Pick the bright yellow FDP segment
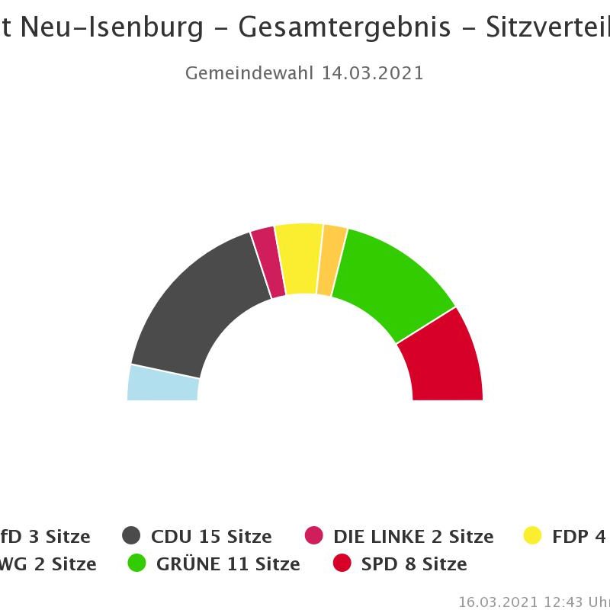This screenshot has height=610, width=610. pyautogui.click(x=298, y=258)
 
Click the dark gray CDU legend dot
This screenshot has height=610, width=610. pyautogui.click(x=132, y=536)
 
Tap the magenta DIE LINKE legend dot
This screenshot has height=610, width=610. pyautogui.click(x=313, y=536)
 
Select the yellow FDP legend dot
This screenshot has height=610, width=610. pyautogui.click(x=532, y=536)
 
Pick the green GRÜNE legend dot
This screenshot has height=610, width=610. pyautogui.click(x=136, y=563)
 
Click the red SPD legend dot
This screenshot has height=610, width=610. pyautogui.click(x=342, y=563)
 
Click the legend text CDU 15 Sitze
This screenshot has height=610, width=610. pyautogui.click(x=211, y=537)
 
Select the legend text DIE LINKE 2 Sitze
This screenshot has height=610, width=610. pyautogui.click(x=413, y=537)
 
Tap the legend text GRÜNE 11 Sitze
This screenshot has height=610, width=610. pyautogui.click(x=228, y=564)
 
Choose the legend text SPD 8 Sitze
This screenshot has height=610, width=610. pyautogui.click(x=414, y=564)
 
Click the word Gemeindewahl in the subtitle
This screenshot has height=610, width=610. pyautogui.click(x=249, y=73)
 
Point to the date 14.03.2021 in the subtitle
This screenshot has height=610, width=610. pyautogui.click(x=372, y=73)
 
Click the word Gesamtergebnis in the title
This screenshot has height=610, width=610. pyautogui.click(x=343, y=27)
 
